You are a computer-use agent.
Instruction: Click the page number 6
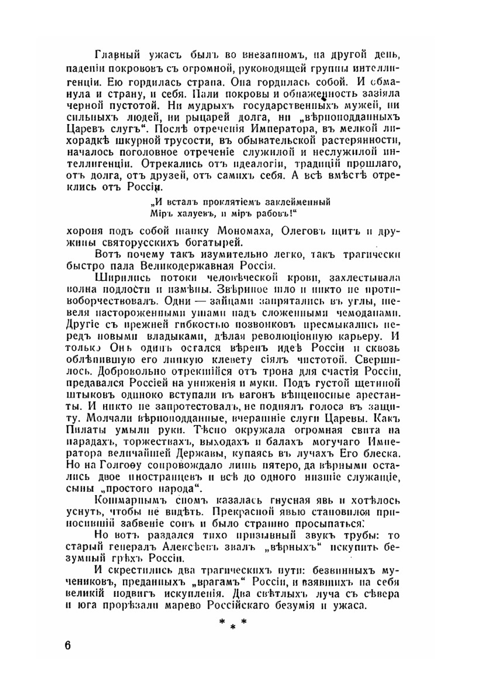point(67,645)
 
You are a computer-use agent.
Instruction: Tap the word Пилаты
point(83,430)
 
